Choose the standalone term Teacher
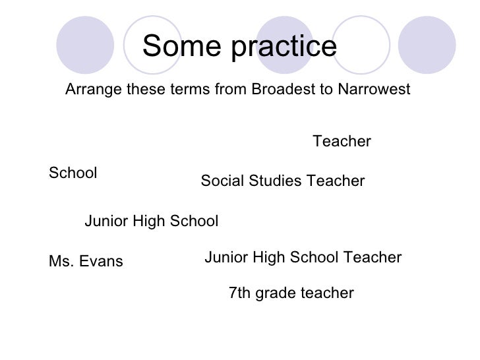pyautogui.click(x=342, y=142)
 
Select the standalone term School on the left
pyautogui.click(x=73, y=173)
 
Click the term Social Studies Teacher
pyautogui.click(x=282, y=181)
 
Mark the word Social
pyautogui.click(x=221, y=181)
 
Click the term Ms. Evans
pyautogui.click(x=86, y=262)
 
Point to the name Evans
pyautogui.click(x=100, y=262)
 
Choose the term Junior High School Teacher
pyautogui.click(x=303, y=257)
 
